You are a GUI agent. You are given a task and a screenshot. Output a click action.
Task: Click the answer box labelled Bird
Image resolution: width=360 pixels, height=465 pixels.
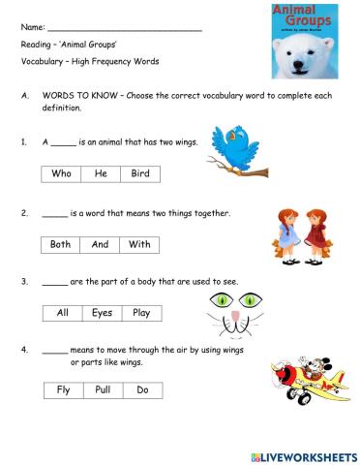(141, 174)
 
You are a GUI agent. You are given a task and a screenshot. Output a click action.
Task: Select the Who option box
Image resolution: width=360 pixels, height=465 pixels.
(61, 174)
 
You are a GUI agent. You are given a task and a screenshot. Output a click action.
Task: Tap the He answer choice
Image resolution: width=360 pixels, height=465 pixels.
(101, 174)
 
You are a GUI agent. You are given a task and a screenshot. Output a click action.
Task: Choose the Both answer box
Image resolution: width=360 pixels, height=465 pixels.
(61, 244)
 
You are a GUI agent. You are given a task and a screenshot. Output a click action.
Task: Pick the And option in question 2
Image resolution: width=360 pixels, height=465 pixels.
(100, 244)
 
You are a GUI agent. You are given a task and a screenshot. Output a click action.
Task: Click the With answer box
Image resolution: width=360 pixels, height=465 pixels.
(139, 244)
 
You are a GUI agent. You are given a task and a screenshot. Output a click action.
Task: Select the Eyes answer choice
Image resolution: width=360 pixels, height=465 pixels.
(102, 313)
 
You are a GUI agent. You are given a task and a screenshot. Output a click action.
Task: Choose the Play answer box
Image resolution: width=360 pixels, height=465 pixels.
(141, 313)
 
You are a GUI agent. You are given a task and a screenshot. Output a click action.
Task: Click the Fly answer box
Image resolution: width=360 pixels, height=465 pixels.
(64, 390)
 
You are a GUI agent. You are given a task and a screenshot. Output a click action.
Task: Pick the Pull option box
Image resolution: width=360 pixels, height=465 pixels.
(103, 390)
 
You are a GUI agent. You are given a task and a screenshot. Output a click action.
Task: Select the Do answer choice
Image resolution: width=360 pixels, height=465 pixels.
(142, 390)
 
